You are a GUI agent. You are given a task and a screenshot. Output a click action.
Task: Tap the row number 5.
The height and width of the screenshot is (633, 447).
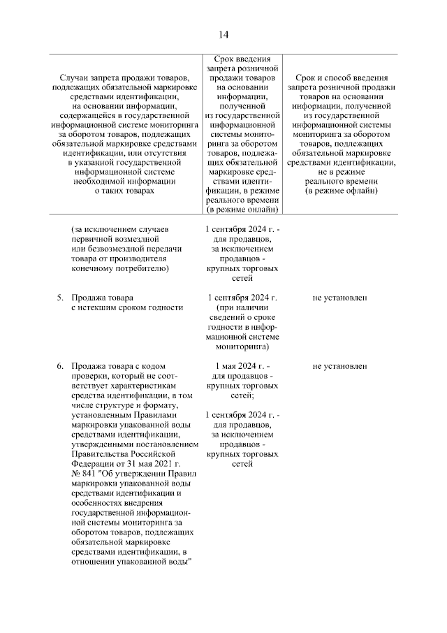61,298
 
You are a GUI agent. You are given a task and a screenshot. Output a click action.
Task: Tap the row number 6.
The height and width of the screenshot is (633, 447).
61,365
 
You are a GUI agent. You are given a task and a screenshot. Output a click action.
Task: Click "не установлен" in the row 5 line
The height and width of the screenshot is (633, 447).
340,298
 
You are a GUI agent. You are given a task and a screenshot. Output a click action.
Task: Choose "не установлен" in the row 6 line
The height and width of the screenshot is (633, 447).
340,365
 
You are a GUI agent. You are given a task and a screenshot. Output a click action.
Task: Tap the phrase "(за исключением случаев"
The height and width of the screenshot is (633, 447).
120,228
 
